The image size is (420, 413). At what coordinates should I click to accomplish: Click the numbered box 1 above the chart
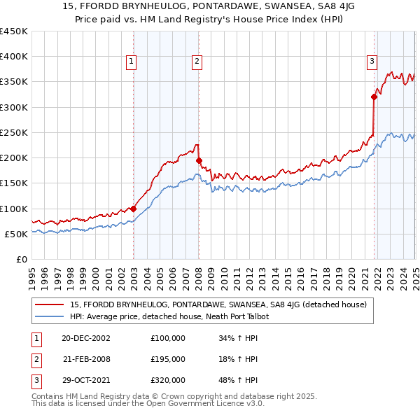132,62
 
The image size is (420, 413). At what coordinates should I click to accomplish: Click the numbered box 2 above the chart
197,62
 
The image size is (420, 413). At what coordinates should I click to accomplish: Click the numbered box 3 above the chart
372,62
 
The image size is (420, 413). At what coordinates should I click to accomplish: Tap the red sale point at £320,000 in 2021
374,97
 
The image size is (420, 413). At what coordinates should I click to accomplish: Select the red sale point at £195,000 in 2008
199,160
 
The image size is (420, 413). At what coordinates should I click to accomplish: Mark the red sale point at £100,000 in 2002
133,209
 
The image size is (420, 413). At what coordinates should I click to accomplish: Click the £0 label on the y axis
22,259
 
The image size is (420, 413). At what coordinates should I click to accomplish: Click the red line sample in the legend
49,304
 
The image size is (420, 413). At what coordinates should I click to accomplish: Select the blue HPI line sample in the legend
49,316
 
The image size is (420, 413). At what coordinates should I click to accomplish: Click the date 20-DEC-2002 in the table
86,338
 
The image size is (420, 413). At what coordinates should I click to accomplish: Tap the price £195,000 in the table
168,359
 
